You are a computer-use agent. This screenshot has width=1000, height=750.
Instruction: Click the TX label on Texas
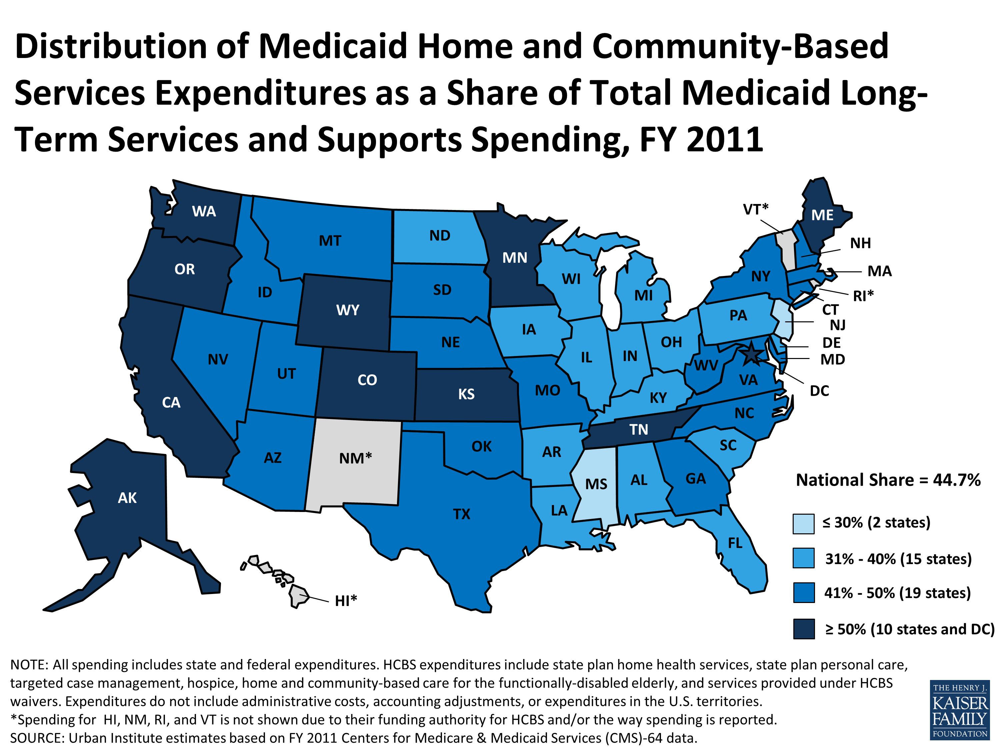coord(462,514)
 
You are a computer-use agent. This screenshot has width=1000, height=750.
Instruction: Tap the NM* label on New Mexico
coord(355,458)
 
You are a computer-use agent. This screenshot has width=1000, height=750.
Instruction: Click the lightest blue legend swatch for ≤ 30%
coord(803,524)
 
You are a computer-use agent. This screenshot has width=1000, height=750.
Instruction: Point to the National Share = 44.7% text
coord(888,480)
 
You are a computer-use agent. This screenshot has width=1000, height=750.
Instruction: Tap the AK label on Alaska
coord(127,498)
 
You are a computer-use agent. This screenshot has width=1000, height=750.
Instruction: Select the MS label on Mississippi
coord(596,484)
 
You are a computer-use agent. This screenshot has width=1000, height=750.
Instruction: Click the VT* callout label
coord(755,209)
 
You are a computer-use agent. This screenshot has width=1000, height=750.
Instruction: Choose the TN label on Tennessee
coord(638,429)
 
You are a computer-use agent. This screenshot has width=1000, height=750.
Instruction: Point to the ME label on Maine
coord(822,215)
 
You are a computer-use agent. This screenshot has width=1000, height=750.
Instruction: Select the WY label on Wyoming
coord(347,310)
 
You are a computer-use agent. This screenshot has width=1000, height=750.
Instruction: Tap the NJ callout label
coord(837,325)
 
